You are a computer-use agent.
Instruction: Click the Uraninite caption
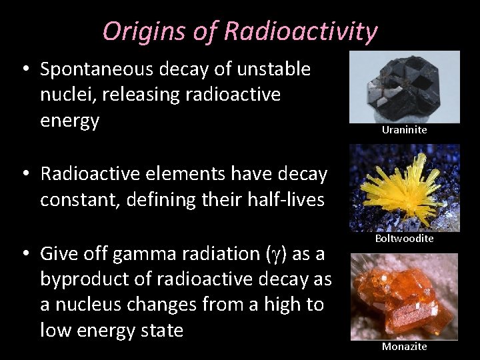click(x=404, y=130)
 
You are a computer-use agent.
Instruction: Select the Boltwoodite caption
click(x=404, y=238)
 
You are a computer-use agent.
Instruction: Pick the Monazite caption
click(x=404, y=346)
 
